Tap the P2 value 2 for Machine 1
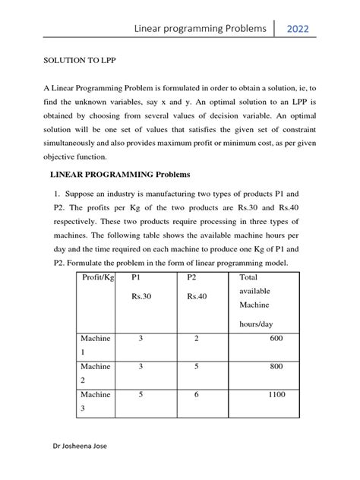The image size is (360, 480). [196, 338]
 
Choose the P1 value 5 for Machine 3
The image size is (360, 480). [141, 395]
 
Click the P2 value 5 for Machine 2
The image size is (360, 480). [196, 367]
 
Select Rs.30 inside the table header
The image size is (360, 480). [141, 296]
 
